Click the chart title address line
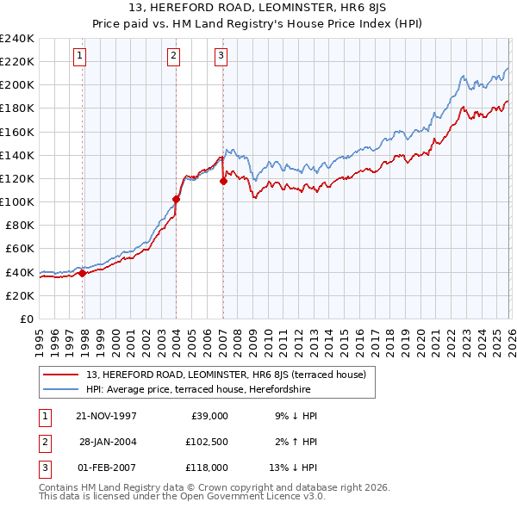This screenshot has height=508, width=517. (x=258, y=8)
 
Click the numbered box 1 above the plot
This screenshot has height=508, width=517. (x=79, y=56)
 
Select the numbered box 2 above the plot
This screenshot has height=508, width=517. (x=173, y=56)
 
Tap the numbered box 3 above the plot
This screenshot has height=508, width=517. (x=221, y=56)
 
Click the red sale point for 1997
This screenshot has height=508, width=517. (x=83, y=273)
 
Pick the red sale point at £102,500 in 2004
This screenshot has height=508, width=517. (x=176, y=199)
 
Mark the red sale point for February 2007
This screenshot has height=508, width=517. (x=223, y=181)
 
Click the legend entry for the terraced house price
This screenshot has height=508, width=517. (x=226, y=375)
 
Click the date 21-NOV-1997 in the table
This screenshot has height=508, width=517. (x=106, y=415)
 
